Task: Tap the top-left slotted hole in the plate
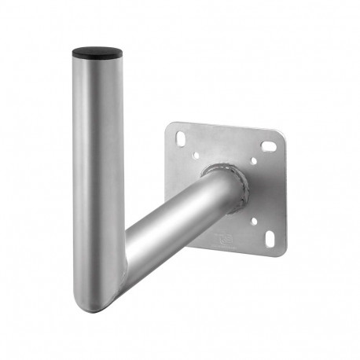[x=182, y=139]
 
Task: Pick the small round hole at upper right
[x=254, y=163]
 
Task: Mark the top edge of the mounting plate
[x=228, y=127]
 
